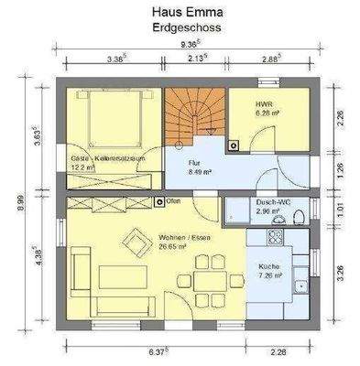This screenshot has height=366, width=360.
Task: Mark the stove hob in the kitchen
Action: pyautogui.click(x=273, y=239)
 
